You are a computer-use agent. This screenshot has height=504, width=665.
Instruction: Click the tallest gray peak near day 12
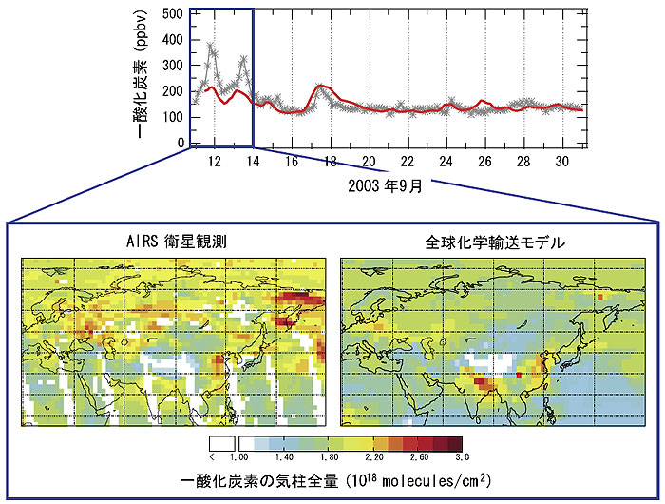click(x=211, y=44)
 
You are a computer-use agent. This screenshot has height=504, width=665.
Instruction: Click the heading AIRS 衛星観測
click(x=176, y=242)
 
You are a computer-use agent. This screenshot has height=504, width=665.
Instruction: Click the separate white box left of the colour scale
click(x=220, y=443)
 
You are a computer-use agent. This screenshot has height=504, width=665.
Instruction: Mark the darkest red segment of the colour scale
click(x=456, y=443)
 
